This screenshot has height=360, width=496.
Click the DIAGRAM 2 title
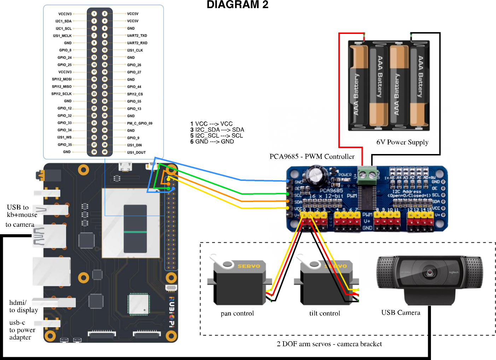(x=237, y=5)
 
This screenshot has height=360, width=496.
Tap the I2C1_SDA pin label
(x=63, y=21)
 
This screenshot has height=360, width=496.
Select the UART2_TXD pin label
(x=137, y=36)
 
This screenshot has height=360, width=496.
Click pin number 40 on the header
(x=105, y=152)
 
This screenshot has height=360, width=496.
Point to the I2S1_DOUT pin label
(x=136, y=153)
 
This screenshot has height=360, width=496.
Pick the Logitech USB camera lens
(x=430, y=272)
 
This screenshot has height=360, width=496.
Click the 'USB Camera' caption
(x=401, y=313)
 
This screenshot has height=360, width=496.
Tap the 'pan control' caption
(x=237, y=313)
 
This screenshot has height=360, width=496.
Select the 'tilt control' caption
(x=325, y=313)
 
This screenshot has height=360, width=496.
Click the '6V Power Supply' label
(x=402, y=142)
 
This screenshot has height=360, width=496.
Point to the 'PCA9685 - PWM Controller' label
(x=312, y=157)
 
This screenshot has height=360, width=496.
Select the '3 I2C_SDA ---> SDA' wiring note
(x=217, y=130)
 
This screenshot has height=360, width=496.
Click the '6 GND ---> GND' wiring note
(x=212, y=141)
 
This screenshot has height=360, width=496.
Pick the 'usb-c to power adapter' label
(x=22, y=330)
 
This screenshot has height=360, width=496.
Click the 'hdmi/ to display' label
(x=23, y=306)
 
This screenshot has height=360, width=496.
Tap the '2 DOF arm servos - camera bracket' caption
(x=329, y=344)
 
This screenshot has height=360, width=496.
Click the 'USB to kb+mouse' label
(x=22, y=211)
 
